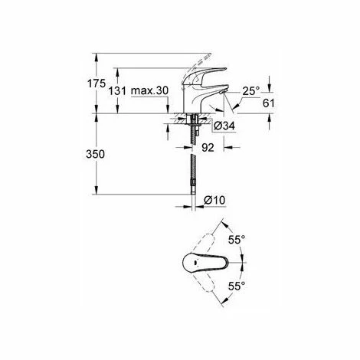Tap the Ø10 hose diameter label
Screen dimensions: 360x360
point(216,201)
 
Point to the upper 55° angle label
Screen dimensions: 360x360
point(237,239)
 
